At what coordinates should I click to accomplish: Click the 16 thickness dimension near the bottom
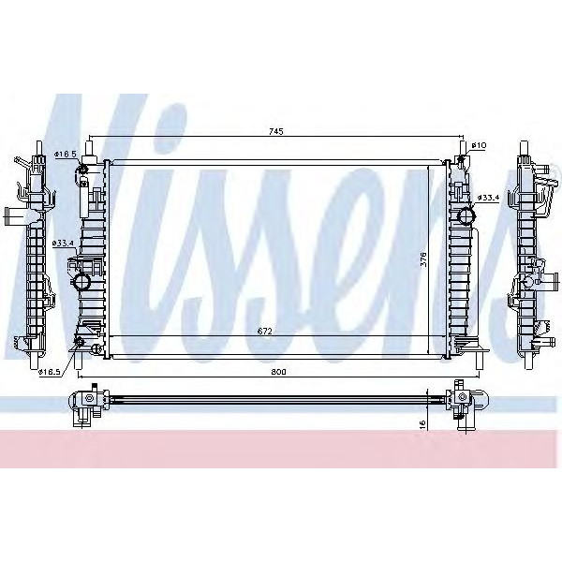click(423, 423)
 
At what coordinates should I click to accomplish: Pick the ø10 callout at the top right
click(479, 145)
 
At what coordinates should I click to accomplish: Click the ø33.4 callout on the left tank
click(64, 244)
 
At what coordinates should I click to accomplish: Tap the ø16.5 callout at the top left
click(65, 153)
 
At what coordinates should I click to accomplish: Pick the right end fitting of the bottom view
click(463, 401)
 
